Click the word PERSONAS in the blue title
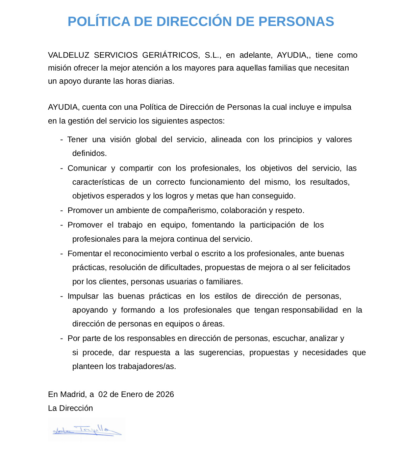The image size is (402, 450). (x=296, y=22)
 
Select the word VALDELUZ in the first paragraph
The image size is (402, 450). (x=69, y=55)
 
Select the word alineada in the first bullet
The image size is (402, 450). (x=226, y=139)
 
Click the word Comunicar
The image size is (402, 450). (x=87, y=168)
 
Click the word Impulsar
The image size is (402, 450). (x=83, y=296)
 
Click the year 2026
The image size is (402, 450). (x=165, y=394)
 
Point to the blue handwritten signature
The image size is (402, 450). (x=87, y=430)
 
